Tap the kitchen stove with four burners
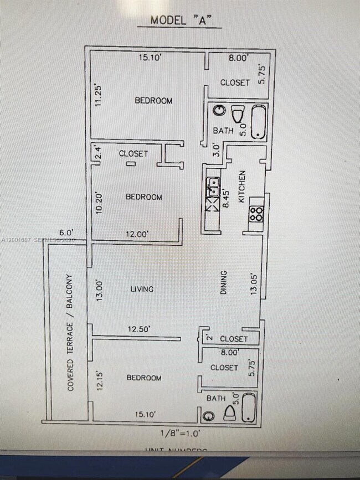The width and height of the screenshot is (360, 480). click(x=256, y=214)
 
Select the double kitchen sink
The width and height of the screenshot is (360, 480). click(x=212, y=188)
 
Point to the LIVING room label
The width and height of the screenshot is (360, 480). click(x=142, y=289)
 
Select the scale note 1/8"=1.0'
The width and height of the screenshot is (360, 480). click(x=178, y=433)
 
